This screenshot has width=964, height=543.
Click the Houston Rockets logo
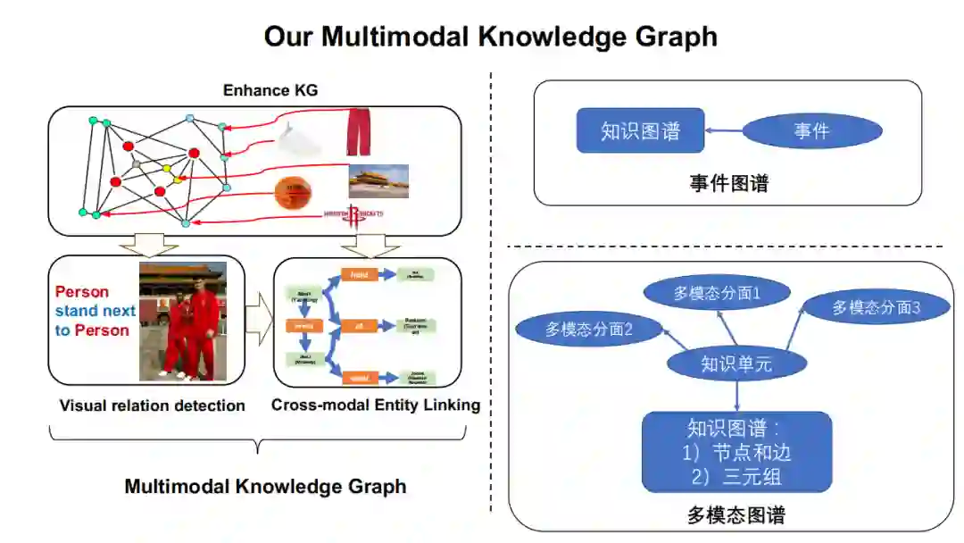pyautogui.click(x=353, y=213)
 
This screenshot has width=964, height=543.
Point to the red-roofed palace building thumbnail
pyautogui.click(x=378, y=180)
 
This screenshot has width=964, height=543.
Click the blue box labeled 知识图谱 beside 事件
pyautogui.click(x=640, y=131)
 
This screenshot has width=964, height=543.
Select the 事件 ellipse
pyautogui.click(x=811, y=131)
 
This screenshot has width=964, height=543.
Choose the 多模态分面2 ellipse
pyautogui.click(x=589, y=329)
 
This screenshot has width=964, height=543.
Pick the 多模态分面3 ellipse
pyautogui.click(x=876, y=307)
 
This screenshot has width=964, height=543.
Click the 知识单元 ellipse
pyautogui.click(x=736, y=363)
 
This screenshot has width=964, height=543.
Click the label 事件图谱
pyautogui.click(x=728, y=184)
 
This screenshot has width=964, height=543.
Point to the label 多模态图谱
pyautogui.click(x=736, y=514)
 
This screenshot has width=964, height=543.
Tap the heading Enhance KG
pyautogui.click(x=270, y=90)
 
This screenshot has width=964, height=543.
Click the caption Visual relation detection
pyautogui.click(x=152, y=405)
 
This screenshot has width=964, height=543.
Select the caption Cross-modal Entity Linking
pyautogui.click(x=376, y=405)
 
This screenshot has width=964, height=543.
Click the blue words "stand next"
pyautogui.click(x=96, y=311)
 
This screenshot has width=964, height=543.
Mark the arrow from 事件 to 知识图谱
pyautogui.click(x=724, y=131)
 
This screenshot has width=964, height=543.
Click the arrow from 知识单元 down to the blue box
pyautogui.click(x=736, y=396)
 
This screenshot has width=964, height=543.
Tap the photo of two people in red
pyautogui.click(x=183, y=322)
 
